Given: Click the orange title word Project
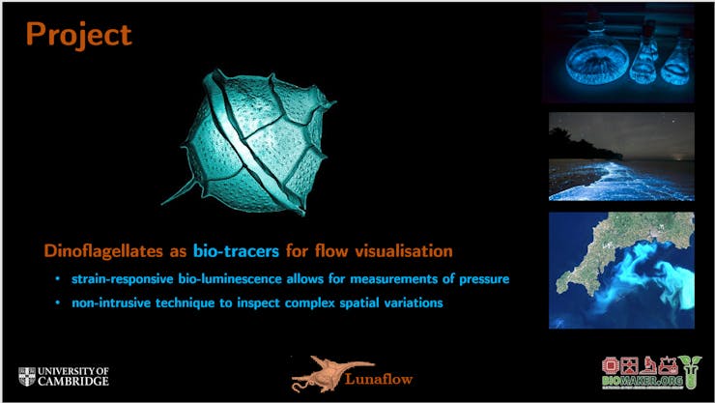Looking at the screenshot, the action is coord(79,35).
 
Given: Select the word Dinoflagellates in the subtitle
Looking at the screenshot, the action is coord(103,250).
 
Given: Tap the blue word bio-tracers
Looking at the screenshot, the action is coord(236,250).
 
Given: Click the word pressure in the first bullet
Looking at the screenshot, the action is coord(484,279).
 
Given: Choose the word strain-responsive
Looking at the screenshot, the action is coord(122,279).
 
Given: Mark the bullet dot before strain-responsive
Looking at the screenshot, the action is coord(57,279).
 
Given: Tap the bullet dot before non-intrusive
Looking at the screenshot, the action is coord(57,302).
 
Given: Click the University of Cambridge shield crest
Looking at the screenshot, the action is coord(27,377).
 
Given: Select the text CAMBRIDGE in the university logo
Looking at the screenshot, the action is coord(73,381).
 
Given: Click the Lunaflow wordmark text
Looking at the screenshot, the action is coord(379,379).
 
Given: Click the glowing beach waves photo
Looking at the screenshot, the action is coord(621,157).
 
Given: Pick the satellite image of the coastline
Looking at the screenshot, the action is coord(621,270).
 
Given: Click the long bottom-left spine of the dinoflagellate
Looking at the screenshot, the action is coord(180,192).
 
